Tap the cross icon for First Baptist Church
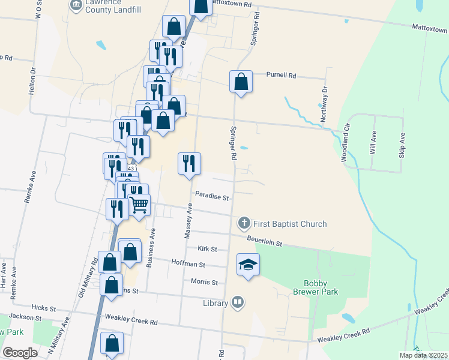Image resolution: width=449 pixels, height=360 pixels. click(244, 224)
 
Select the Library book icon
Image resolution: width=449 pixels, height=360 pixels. click(238, 302)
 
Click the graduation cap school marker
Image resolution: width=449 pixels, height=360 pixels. click(248, 265)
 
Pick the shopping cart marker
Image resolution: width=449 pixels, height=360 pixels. click(139, 205)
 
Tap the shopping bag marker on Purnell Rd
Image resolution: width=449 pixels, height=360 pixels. click(241, 82)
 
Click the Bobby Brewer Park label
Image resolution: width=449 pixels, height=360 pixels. click(321, 287)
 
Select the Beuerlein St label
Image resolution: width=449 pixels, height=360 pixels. click(265, 241)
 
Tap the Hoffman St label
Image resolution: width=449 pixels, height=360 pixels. click(188, 264)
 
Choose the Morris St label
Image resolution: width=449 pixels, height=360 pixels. click(204, 282)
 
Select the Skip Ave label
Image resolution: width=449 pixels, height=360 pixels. click(402, 145)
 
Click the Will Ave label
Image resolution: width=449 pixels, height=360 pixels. click(373, 143)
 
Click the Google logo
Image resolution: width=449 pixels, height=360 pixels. click(20, 352)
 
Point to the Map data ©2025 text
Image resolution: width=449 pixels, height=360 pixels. click(423, 355)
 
